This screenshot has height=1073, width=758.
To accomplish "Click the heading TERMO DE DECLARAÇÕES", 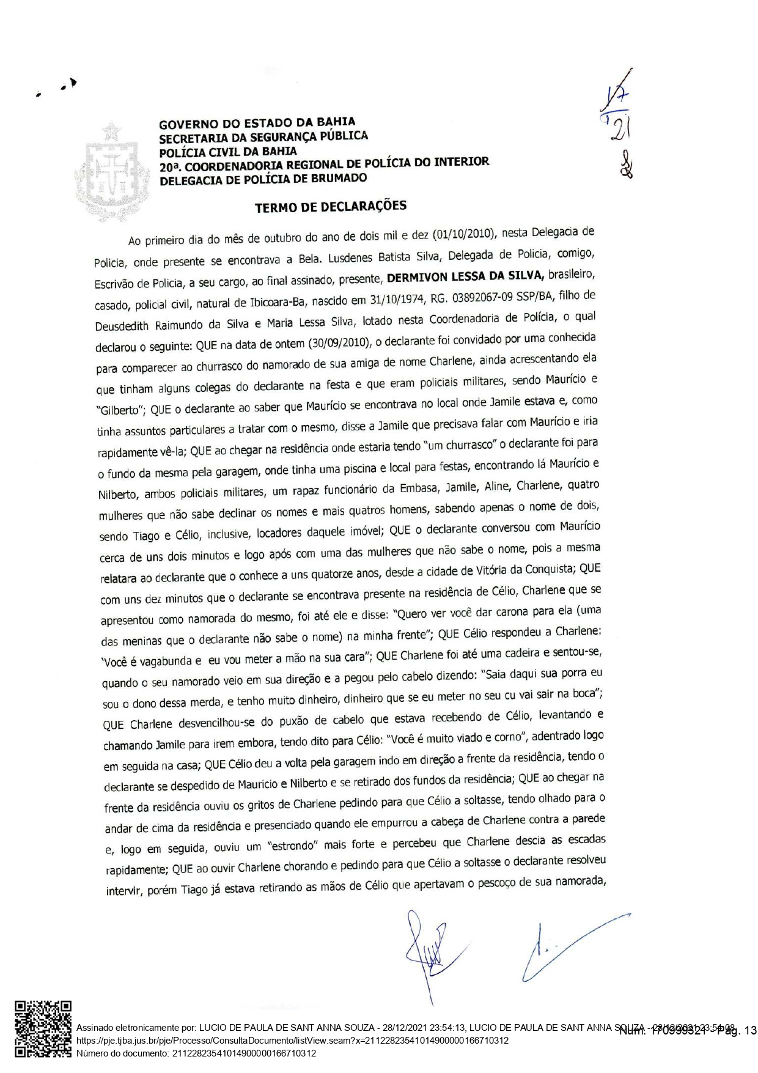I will tap(330, 207).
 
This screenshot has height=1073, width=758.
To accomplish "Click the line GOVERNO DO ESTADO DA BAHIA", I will tap(257, 123).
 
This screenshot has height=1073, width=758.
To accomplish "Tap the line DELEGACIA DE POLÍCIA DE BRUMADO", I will tap(263, 179).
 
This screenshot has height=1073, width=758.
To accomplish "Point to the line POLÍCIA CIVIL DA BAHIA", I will tap(228, 152).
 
